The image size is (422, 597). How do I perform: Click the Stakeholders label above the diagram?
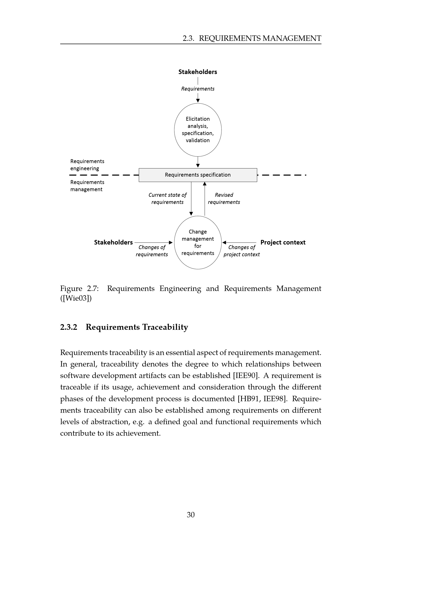(x=197, y=72)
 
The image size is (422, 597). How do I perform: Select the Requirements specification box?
(x=198, y=175)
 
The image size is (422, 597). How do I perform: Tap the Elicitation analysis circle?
(x=198, y=130)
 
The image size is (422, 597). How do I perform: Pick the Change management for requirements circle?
(x=198, y=242)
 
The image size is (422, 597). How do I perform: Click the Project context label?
(x=283, y=242)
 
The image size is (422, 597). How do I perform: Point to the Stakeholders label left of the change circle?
(x=113, y=242)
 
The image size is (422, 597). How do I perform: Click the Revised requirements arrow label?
(x=224, y=198)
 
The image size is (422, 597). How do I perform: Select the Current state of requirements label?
(x=168, y=198)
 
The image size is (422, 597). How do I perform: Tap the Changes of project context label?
(x=241, y=251)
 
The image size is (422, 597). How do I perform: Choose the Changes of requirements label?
(x=152, y=251)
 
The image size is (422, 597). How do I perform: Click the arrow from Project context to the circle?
(x=239, y=242)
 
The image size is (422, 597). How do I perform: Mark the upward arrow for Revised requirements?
(x=205, y=199)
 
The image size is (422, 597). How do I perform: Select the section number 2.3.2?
(x=69, y=327)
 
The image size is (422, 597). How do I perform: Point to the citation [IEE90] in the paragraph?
(x=246, y=375)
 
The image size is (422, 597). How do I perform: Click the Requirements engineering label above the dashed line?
(x=87, y=165)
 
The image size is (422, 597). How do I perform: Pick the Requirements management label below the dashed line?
(x=87, y=186)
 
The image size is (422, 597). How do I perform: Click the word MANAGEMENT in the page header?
(x=292, y=39)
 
